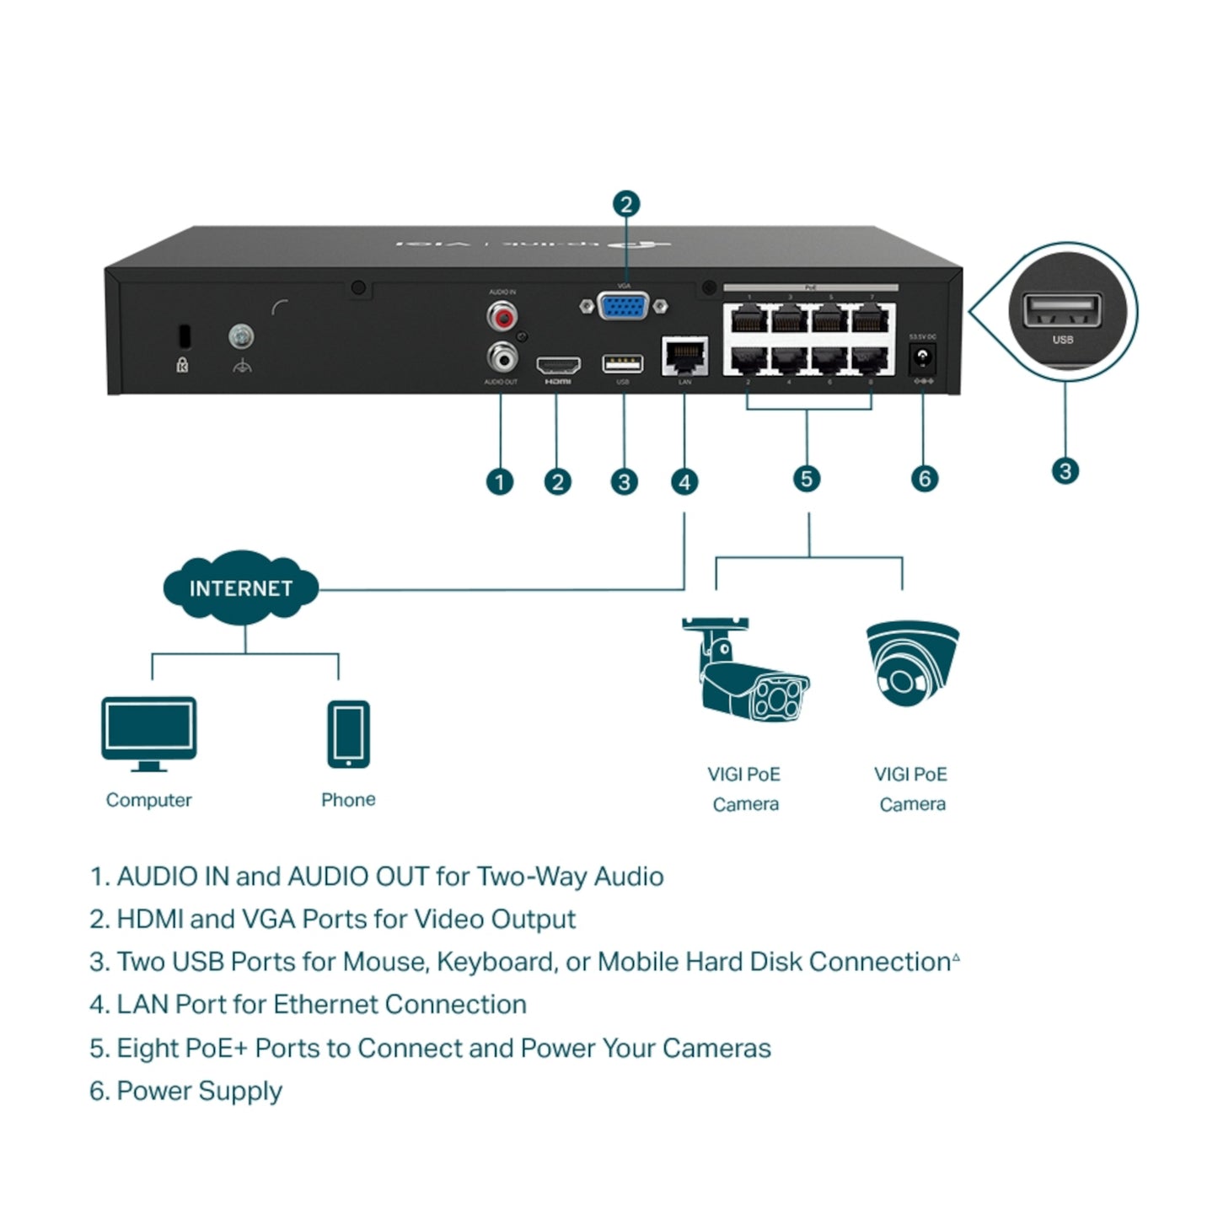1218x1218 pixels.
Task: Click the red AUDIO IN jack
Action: tap(502, 317)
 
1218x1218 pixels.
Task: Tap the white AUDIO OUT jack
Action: tap(502, 358)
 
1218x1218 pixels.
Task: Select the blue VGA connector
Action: tap(623, 306)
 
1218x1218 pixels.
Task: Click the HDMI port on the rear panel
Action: tap(558, 366)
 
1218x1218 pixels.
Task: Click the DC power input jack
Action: tap(923, 359)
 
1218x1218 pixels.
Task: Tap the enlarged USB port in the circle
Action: tap(1062, 311)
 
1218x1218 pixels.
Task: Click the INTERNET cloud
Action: tap(241, 588)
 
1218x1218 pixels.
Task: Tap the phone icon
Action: tap(348, 734)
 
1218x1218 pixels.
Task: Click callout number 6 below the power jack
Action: tap(925, 479)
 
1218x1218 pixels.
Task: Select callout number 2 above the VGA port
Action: tap(625, 204)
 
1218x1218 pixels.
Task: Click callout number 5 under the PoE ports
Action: tap(807, 479)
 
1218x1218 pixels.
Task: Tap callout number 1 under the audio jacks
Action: tap(500, 482)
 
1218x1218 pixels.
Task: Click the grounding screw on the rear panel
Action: tap(241, 337)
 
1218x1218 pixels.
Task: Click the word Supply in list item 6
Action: tap(241, 1092)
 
